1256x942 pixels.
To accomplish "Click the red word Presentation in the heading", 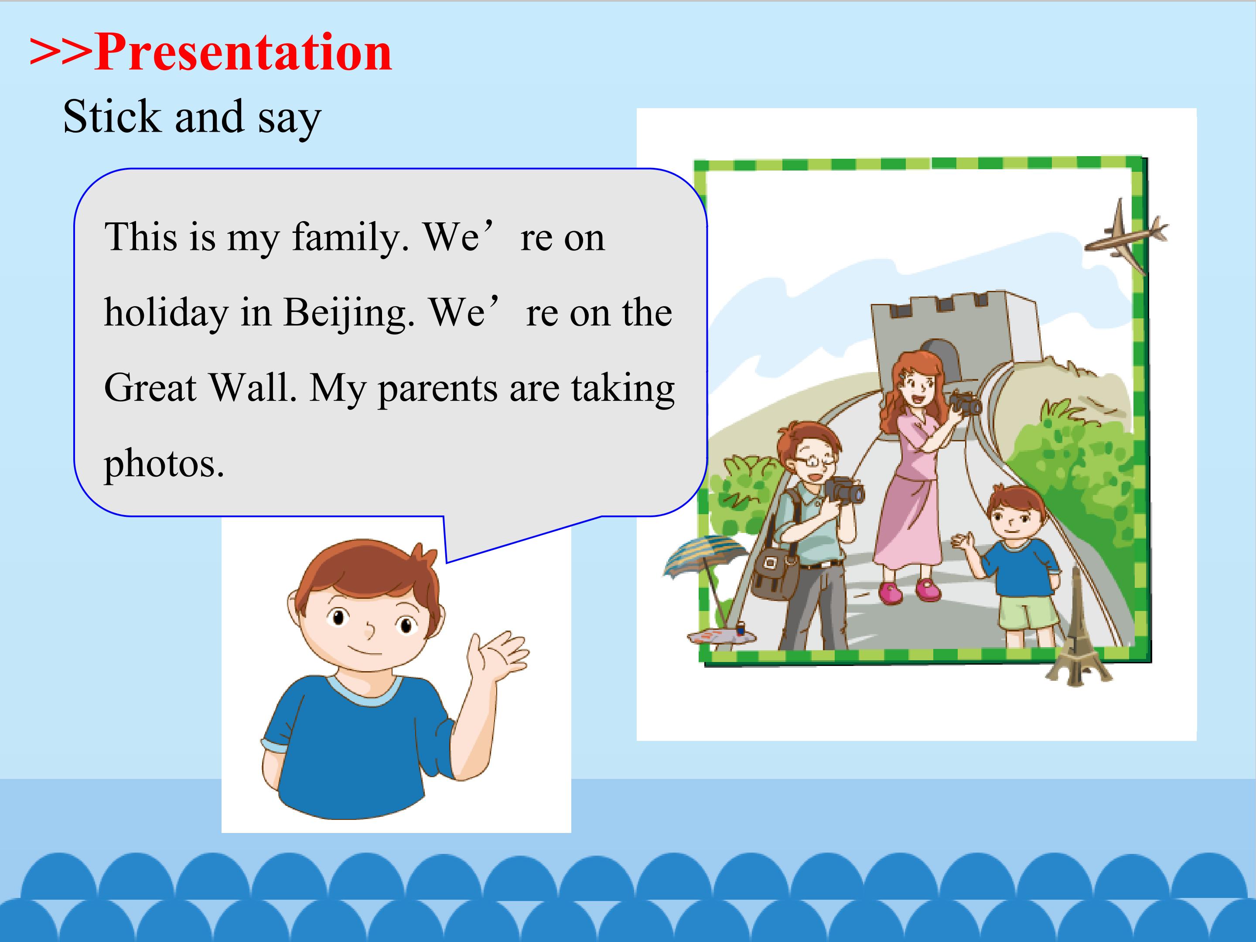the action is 244,52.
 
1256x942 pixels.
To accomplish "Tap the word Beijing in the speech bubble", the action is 348,314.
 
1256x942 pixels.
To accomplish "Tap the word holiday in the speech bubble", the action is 166,314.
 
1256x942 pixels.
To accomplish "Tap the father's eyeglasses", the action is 816,461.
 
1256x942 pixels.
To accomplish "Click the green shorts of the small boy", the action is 1028,613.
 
